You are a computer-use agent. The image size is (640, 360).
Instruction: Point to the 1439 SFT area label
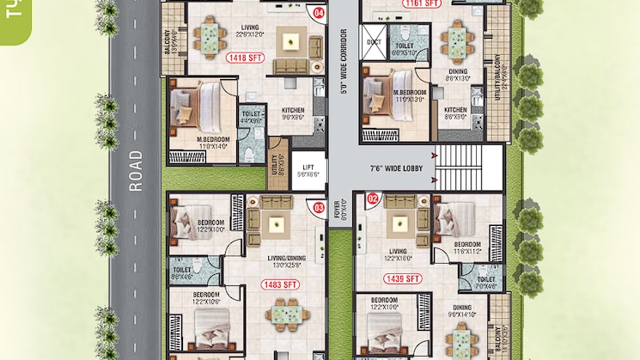click(x=404, y=279)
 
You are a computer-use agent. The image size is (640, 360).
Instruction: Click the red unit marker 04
click(x=319, y=13)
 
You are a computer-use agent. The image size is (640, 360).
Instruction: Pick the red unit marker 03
click(x=318, y=206)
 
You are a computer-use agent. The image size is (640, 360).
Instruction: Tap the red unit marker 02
click(x=372, y=198)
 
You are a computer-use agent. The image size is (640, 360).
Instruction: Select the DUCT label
click(x=374, y=40)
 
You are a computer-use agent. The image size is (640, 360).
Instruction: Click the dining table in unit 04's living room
click(x=208, y=36)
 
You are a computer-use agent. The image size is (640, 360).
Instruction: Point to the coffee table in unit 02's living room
click(x=399, y=225)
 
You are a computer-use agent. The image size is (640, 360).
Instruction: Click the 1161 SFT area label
click(x=420, y=3)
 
